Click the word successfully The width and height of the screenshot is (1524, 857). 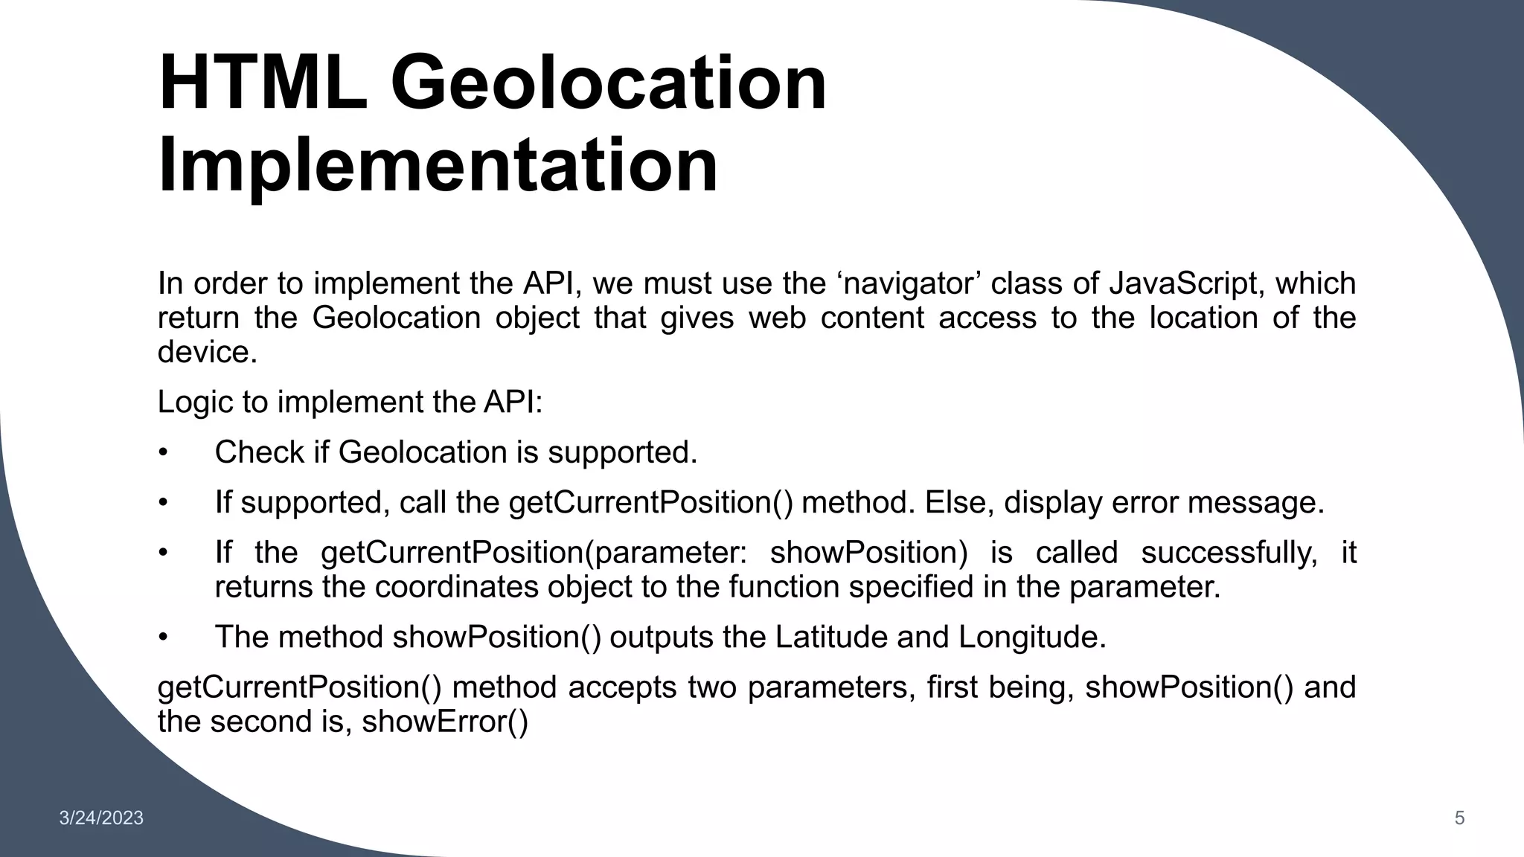coord(1229,553)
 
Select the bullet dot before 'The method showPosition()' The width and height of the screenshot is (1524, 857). coord(164,638)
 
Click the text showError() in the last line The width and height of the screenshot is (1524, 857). coord(445,722)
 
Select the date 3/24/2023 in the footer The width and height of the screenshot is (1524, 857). coord(101,818)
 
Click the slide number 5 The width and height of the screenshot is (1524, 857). coord(1459,818)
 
